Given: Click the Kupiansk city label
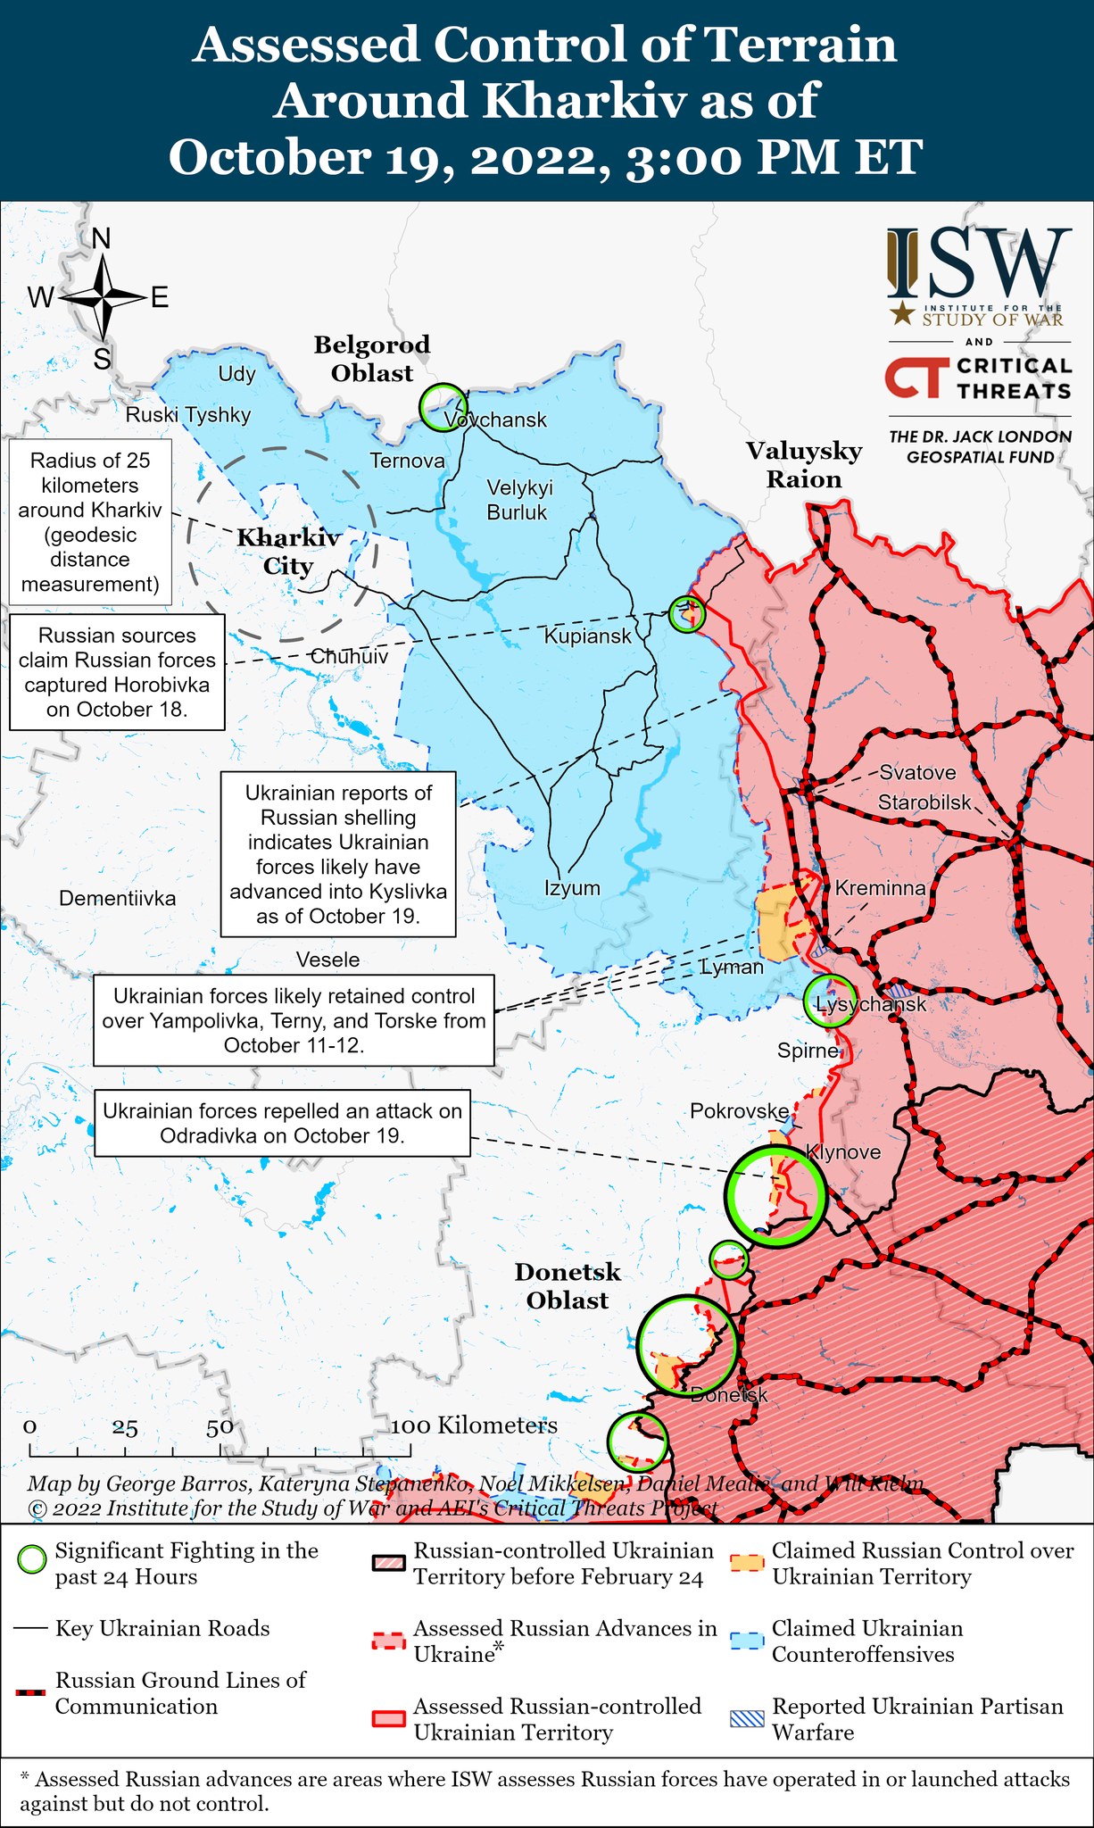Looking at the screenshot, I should pos(587,636).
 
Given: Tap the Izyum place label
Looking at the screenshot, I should pos(572,888).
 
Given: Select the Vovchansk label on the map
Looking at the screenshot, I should pos(496,420).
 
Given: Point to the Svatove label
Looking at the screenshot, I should pos(917,772).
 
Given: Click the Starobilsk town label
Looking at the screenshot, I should pos(924,802).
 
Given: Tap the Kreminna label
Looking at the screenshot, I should pos(880,887).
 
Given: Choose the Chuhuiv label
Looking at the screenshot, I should pos(349,656).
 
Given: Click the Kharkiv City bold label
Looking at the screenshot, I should pos(287,552).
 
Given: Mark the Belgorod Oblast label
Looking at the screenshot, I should pos(372,359).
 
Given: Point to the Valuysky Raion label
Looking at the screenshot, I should pos(804,465).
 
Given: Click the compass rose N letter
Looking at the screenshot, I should pos(102,239).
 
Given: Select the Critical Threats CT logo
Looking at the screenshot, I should pos(914,378).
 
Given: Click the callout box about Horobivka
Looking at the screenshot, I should pos(117,672).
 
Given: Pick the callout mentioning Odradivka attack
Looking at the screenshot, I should pos(282,1123).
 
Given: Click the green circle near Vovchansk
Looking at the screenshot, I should pos(443,407).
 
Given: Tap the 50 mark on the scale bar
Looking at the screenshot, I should pos(220,1427).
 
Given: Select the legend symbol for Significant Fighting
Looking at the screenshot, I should pos(32,1560).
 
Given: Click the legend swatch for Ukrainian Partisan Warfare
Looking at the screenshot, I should pos(747,1718).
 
